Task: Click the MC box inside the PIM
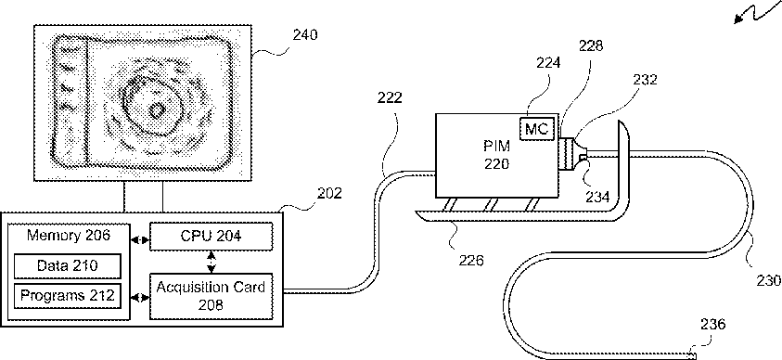tap(536, 130)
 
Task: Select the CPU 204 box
tap(212, 237)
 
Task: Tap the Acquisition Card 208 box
tap(212, 296)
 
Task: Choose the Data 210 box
tap(68, 265)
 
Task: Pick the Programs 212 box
tap(68, 295)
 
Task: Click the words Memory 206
tap(69, 236)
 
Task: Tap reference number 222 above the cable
tap(389, 97)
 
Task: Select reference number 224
tap(547, 63)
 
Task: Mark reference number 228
tap(591, 45)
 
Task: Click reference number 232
tap(646, 80)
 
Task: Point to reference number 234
tap(598, 197)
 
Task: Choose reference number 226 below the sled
tap(471, 261)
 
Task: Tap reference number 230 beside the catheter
tap(768, 281)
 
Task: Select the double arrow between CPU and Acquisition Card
tap(212, 262)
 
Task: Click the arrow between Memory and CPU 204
tap(140, 239)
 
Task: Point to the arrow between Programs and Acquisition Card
tap(140, 298)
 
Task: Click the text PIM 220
tap(496, 156)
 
